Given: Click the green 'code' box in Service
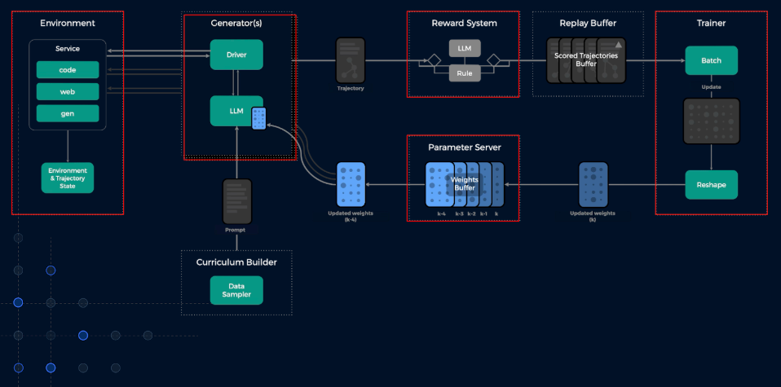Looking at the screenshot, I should tap(68, 70).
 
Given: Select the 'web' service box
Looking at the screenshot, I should tap(68, 91).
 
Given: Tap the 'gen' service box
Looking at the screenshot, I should tap(68, 112).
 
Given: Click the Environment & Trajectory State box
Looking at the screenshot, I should tap(68, 178).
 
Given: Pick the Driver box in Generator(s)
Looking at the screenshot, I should tap(236, 55).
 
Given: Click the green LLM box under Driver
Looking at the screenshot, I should tap(236, 111).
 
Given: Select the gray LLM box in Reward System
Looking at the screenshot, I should tap(463, 48).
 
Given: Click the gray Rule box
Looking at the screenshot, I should tap(463, 73).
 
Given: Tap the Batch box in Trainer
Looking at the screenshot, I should tap(711, 60).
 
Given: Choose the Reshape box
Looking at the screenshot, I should tap(711, 185).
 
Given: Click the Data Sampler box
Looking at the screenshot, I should tap(236, 289).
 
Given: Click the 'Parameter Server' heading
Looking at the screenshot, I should tap(464, 147).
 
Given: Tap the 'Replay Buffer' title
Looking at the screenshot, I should tap(587, 23).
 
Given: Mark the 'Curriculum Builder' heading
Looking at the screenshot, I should tap(236, 262).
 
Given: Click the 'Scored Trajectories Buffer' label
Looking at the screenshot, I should tap(587, 59).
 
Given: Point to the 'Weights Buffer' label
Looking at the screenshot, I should tap(464, 183).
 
